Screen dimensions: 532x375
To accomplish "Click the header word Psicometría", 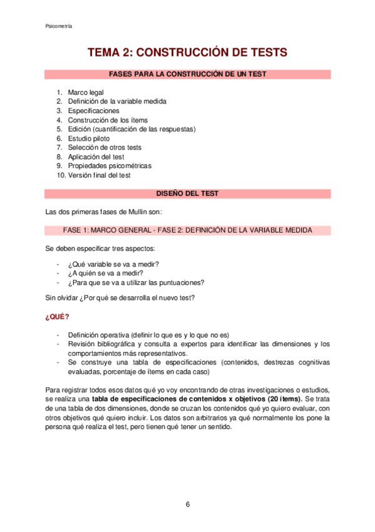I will tap(59, 26).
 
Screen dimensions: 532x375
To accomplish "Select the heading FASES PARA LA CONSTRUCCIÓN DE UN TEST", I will tap(187, 74).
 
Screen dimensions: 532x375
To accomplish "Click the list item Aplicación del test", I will tap(96, 157).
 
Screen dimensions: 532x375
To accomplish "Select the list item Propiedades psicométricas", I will tap(110, 166).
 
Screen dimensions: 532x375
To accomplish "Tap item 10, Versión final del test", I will tap(99, 175).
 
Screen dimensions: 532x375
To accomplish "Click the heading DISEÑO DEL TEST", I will tap(187, 194).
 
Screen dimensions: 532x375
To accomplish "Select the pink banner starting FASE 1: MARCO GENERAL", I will tap(187, 231).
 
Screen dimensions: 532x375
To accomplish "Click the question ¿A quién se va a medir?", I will tap(105, 273).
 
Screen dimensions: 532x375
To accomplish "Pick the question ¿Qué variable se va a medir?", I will tap(113, 263).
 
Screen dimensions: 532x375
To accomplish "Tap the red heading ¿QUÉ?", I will tap(57, 316).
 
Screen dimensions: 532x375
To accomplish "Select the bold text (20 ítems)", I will tap(284, 400).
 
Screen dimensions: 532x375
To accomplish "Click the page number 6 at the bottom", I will tap(187, 504).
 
